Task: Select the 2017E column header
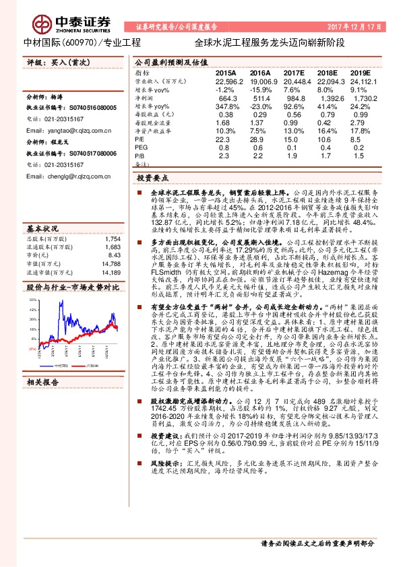coord(295,71)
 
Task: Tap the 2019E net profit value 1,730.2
coord(362,98)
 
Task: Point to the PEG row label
coord(142,147)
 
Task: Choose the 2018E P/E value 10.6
coord(328,139)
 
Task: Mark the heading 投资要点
coord(150,178)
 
